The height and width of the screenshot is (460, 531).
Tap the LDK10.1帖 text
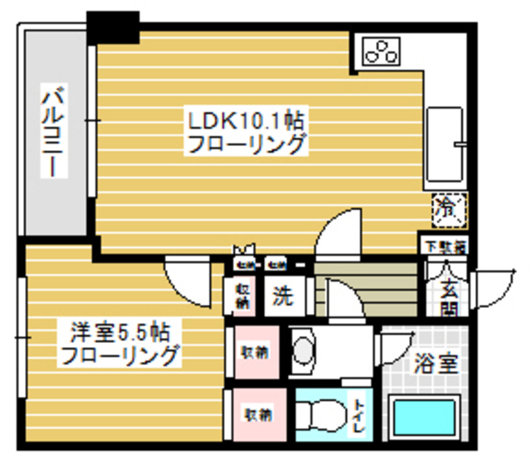(x=246, y=120)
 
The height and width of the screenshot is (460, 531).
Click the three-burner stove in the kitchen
(x=382, y=52)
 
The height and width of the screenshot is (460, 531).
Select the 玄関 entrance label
(x=449, y=300)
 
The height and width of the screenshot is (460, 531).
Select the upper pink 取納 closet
(x=255, y=352)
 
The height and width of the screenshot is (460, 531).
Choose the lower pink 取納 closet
(x=255, y=413)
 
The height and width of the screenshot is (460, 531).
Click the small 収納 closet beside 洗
(x=242, y=296)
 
